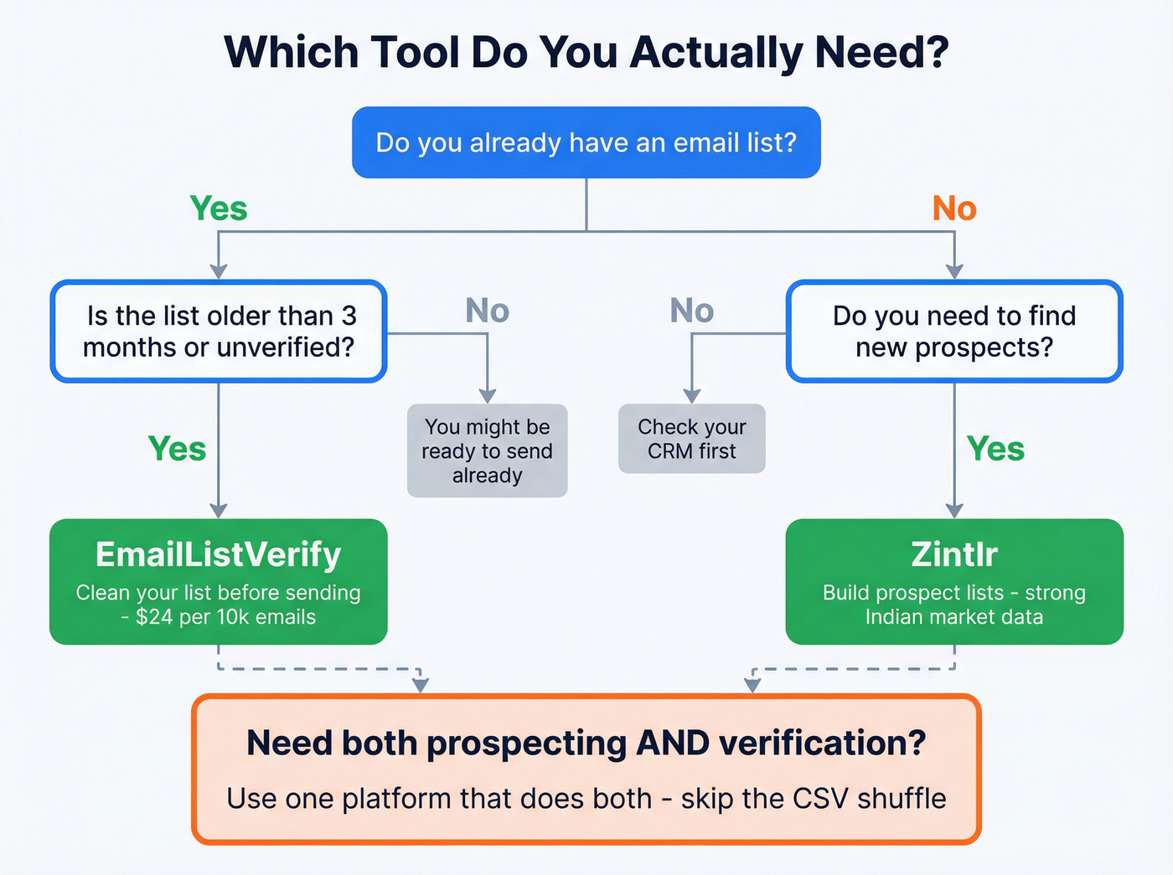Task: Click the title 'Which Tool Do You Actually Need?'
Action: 586,52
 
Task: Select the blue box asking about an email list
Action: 586,142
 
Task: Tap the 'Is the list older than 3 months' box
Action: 219,332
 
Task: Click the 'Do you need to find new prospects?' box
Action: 953,332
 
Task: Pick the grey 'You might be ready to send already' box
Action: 487,451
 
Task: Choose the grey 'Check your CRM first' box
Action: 691,439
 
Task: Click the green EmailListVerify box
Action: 219,582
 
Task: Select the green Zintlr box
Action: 953,582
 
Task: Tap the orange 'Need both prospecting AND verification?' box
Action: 586,769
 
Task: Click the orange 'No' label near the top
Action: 954,208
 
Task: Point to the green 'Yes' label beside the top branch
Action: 219,208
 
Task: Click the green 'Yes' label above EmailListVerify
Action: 177,449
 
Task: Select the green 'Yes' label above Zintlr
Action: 995,449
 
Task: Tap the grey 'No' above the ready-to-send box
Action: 487,311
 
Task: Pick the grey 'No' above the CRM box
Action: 691,311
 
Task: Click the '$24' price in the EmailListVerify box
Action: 154,617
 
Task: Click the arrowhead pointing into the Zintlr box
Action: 954,511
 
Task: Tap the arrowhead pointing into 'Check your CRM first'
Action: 691,396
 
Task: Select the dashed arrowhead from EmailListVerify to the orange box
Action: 421,685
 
